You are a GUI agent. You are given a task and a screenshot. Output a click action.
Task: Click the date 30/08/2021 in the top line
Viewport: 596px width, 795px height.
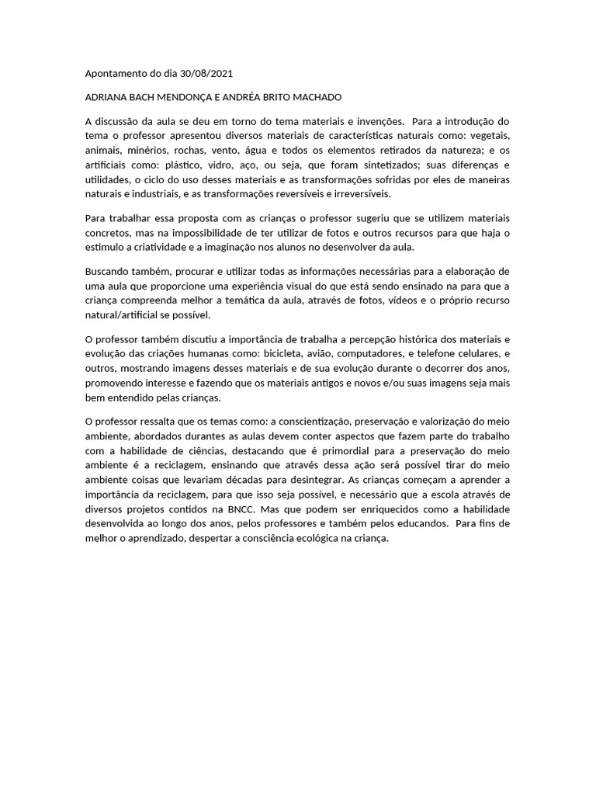pyautogui.click(x=206, y=74)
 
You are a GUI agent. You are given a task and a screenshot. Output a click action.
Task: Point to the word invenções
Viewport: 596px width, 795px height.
pyautogui.click(x=379, y=121)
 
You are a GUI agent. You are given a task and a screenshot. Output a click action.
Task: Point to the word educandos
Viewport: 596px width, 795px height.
pyautogui.click(x=420, y=524)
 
